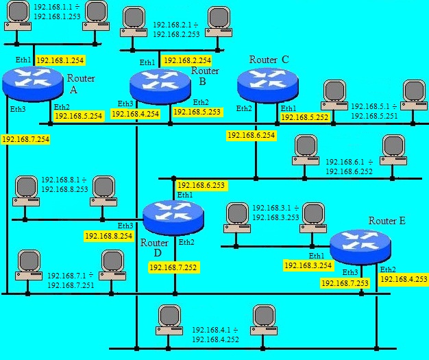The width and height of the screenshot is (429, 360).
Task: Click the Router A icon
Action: (33, 84)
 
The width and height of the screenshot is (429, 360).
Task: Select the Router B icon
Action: (160, 86)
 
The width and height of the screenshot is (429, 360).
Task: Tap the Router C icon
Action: (268, 85)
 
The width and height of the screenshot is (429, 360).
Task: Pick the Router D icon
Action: (173, 218)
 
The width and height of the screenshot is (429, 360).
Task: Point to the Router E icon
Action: (360, 248)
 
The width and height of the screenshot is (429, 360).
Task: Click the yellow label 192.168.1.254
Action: (60, 60)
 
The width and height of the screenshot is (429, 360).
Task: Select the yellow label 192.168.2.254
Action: (188, 60)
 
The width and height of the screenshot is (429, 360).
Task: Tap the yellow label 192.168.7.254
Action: (26, 139)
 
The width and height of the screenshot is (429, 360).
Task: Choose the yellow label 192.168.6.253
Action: (201, 185)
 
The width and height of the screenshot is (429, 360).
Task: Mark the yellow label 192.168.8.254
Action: (109, 236)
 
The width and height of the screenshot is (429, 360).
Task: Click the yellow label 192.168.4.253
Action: (404, 279)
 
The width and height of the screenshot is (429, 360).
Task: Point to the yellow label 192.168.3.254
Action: (308, 265)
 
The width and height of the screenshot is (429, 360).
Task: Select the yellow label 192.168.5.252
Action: (305, 117)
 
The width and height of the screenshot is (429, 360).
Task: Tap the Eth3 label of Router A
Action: (18, 109)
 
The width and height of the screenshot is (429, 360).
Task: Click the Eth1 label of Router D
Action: (185, 195)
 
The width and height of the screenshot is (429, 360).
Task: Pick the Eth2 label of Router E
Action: (388, 269)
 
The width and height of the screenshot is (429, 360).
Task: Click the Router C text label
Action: (269, 60)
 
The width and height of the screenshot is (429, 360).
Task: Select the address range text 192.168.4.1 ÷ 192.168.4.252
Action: (215, 335)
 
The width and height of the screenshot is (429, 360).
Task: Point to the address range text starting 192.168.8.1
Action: (64, 184)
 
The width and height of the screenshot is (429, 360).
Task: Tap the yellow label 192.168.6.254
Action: (252, 135)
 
